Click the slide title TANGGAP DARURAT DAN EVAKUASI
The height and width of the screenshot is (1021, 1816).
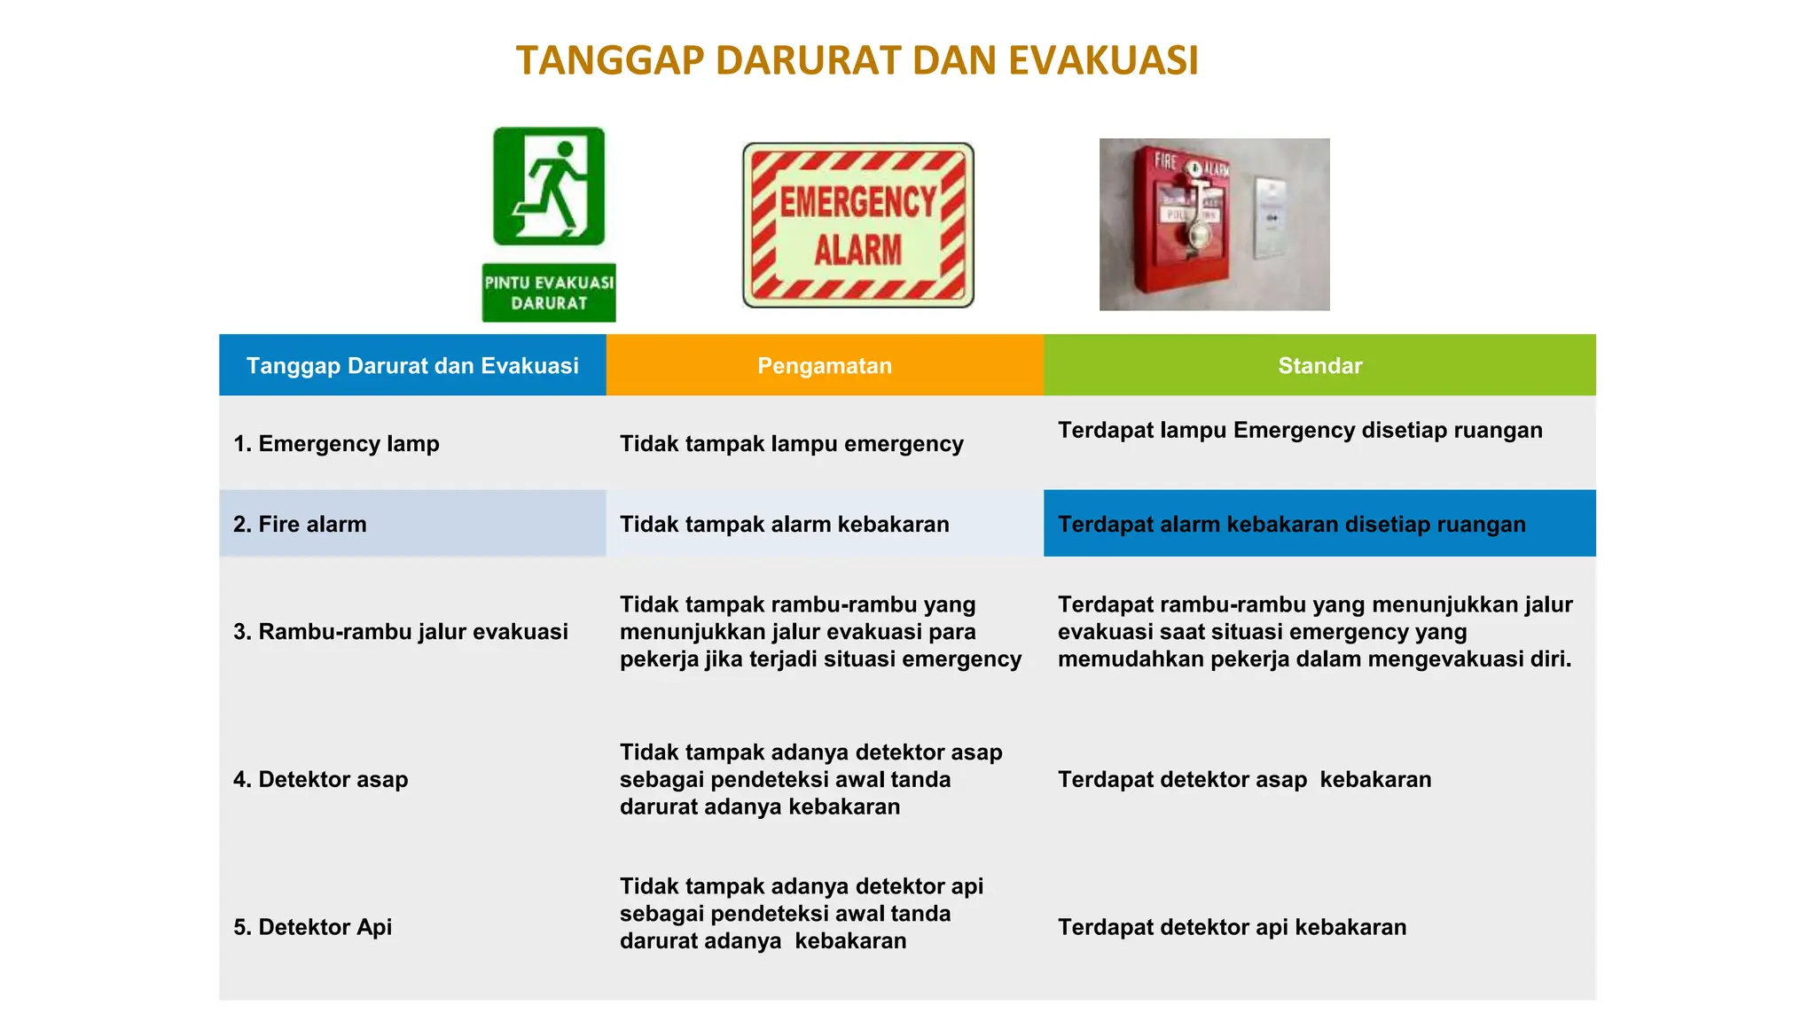click(857, 61)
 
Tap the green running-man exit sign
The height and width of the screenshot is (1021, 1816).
click(549, 186)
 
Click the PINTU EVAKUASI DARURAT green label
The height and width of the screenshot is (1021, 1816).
click(549, 292)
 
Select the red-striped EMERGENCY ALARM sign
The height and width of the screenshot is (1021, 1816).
click(857, 225)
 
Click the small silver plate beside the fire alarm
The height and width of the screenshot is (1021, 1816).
click(1270, 218)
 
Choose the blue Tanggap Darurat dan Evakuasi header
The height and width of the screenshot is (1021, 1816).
click(412, 365)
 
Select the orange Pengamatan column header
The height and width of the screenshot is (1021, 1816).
click(825, 365)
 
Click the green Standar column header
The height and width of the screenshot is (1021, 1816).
click(1319, 365)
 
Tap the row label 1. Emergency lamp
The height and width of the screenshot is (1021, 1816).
click(336, 443)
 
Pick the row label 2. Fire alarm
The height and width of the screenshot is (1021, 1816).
click(300, 524)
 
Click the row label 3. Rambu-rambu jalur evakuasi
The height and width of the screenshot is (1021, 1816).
click(401, 631)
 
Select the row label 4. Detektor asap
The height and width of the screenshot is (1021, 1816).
click(321, 779)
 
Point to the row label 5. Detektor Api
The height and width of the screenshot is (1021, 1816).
click(312, 926)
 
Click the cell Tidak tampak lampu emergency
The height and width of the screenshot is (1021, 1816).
click(791, 443)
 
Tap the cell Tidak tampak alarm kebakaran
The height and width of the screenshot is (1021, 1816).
click(784, 524)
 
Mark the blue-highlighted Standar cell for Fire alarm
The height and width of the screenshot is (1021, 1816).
click(1319, 524)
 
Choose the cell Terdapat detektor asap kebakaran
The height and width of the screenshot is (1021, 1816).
click(1244, 779)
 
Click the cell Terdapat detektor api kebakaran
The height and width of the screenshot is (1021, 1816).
click(1232, 927)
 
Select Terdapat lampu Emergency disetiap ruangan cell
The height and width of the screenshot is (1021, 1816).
click(1300, 430)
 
